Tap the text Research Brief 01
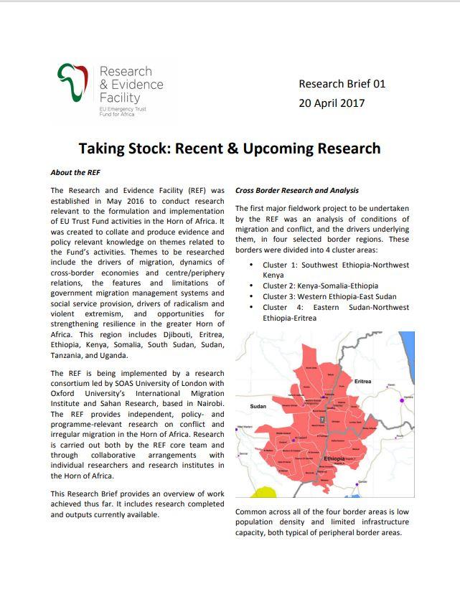pyautogui.click(x=342, y=84)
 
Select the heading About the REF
pyautogui.click(x=75, y=173)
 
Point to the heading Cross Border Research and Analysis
pyautogui.click(x=297, y=191)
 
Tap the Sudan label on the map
pyautogui.click(x=258, y=405)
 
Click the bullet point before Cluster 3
pyautogui.click(x=251, y=296)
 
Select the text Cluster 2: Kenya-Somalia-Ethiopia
pyautogui.click(x=320, y=286)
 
